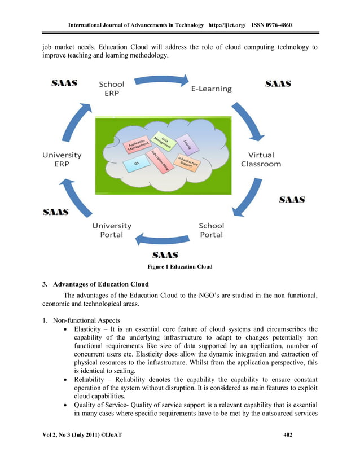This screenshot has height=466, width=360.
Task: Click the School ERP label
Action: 112,89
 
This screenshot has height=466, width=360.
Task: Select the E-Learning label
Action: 210,89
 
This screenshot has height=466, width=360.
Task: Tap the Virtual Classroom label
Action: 260,159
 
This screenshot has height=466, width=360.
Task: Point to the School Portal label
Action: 211,230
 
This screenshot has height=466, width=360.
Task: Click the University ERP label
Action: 62,159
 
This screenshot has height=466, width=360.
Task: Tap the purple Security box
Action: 183,146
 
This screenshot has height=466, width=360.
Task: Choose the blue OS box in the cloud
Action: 136,165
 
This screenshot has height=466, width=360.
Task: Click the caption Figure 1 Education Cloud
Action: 180,266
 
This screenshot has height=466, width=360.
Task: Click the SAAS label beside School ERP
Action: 64,83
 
